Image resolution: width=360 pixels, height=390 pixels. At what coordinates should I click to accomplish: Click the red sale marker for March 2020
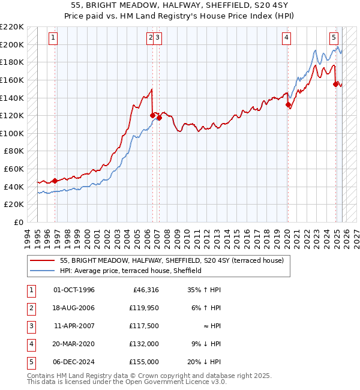tap(288, 105)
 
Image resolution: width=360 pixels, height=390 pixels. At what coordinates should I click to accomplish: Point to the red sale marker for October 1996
tap(55, 181)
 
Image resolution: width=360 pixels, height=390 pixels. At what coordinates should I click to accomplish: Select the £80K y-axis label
tap(13, 151)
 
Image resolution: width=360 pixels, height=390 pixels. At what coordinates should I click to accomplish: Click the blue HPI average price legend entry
tap(130, 271)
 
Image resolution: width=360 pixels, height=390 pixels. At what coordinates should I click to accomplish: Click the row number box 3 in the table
tap(29, 326)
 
